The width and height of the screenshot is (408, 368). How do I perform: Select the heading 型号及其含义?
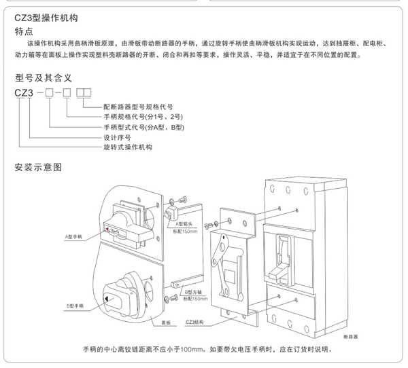[44, 78]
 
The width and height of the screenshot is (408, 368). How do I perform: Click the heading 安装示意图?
[38, 166]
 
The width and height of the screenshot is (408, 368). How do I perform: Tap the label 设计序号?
[116, 137]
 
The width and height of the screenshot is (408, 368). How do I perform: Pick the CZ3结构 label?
[194, 322]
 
